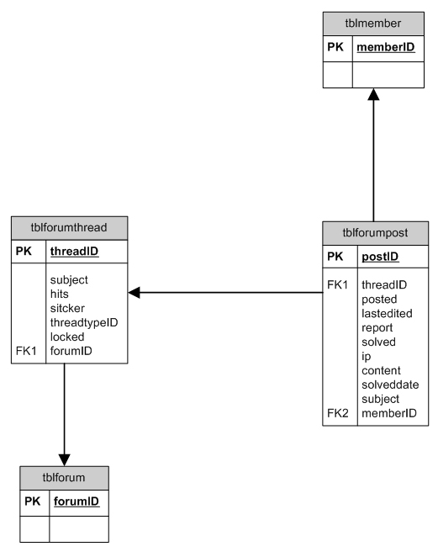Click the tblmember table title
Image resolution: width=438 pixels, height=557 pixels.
[373, 24]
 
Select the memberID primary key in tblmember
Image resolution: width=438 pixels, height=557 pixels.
[386, 47]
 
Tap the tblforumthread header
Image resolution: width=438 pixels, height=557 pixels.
[69, 228]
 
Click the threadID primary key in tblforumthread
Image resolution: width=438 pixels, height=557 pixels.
[74, 252]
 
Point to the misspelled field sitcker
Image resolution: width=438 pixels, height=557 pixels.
[67, 308]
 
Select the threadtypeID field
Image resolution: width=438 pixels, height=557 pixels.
[84, 323]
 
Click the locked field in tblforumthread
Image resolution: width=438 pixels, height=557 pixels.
[67, 337]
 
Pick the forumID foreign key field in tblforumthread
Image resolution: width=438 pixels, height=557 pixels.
[71, 351]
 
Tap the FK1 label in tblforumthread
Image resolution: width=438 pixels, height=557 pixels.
[26, 351]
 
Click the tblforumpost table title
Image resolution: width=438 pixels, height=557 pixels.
[375, 233]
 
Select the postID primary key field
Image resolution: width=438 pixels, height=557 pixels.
[380, 257]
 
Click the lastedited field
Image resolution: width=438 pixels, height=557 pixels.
[387, 314]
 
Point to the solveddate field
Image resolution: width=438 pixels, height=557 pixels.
[390, 385]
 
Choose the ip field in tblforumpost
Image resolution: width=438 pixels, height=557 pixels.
[367, 357]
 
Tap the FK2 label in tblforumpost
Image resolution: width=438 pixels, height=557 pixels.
[338, 413]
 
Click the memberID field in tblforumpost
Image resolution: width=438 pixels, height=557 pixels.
[389, 413]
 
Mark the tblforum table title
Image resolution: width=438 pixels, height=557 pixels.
[64, 478]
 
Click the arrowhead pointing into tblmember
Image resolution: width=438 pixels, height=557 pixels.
[373, 94]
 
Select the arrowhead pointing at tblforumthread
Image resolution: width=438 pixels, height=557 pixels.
[134, 293]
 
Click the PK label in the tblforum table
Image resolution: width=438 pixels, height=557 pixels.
[32, 501]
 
